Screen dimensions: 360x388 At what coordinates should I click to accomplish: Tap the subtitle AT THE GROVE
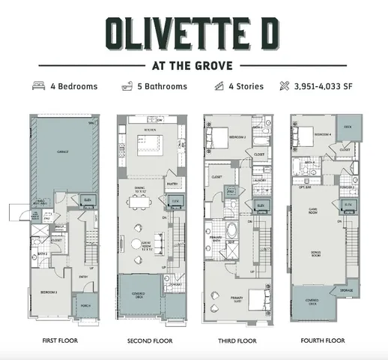[x=193, y=64]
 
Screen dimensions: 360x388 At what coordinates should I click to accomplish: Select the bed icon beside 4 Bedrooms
[x=39, y=86]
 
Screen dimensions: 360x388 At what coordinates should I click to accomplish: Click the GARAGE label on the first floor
[x=63, y=151]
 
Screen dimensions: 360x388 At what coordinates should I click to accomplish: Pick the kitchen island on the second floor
[x=149, y=142]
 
